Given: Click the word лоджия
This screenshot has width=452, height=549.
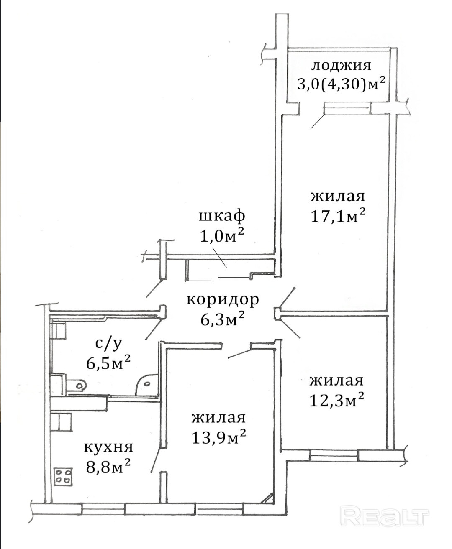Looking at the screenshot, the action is (x=341, y=66).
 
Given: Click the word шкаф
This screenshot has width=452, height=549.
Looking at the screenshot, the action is (x=222, y=217).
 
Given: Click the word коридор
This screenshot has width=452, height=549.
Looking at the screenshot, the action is (x=223, y=300).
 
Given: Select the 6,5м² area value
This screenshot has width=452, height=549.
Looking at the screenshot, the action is (x=108, y=363).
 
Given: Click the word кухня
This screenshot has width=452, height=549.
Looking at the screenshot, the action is (x=108, y=448).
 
